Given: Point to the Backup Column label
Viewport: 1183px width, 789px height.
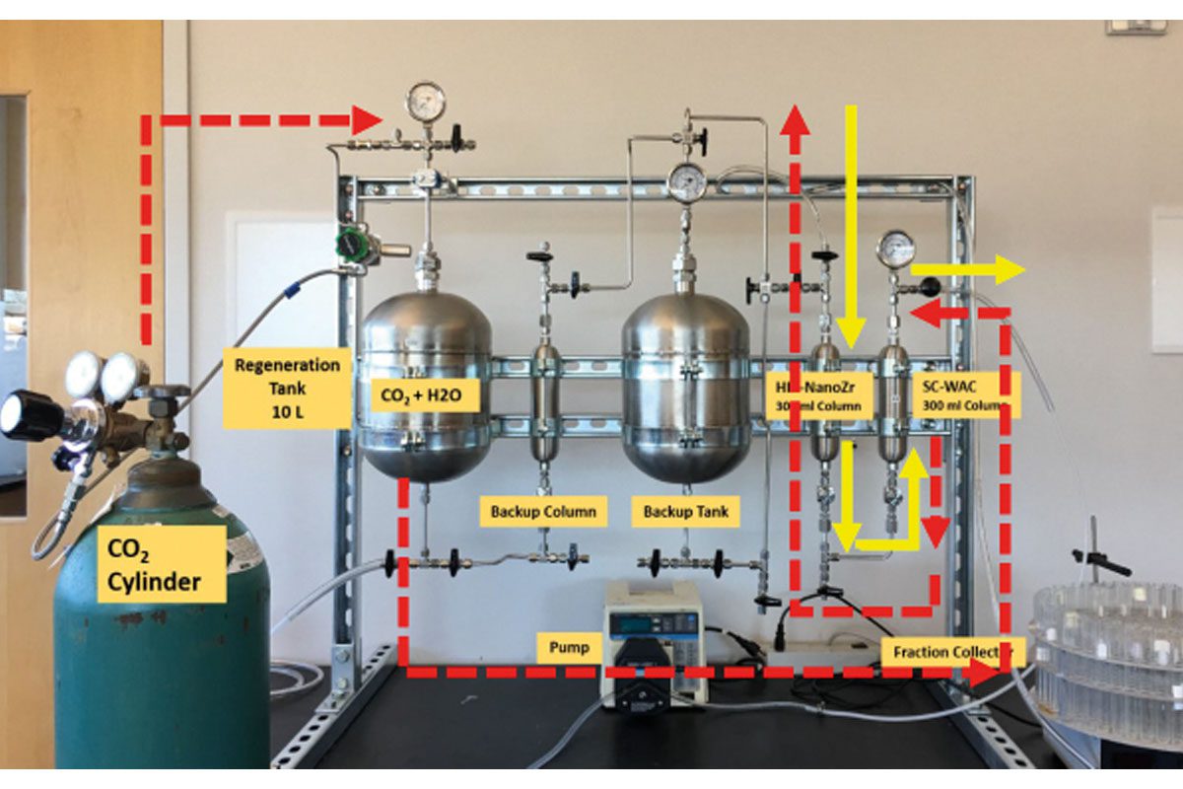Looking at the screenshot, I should pyautogui.click(x=543, y=513).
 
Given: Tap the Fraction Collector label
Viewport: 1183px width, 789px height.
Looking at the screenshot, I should pyautogui.click(x=953, y=652).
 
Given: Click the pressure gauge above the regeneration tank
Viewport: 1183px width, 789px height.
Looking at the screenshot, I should pyautogui.click(x=426, y=101).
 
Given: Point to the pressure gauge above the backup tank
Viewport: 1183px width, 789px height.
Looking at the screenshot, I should pyautogui.click(x=686, y=181).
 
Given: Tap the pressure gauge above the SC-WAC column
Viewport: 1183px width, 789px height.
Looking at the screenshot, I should pyautogui.click(x=895, y=249).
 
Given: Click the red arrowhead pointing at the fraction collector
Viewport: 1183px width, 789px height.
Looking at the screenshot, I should pyautogui.click(x=984, y=673).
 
